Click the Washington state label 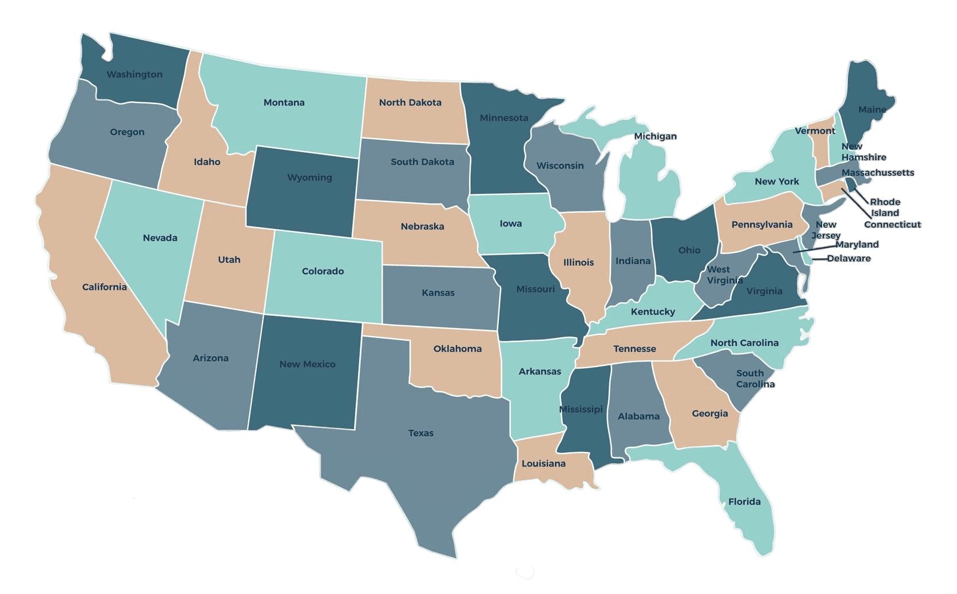tap(134, 74)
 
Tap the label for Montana tap(284, 102)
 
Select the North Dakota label tap(410, 102)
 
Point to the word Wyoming tap(309, 177)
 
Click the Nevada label tap(160, 237)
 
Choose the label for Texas tap(420, 433)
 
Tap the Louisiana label tap(543, 463)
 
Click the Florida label tap(744, 501)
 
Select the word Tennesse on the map tap(634, 348)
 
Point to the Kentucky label tap(653, 312)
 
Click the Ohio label tap(689, 250)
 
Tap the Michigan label tap(655, 136)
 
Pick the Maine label tap(872, 109)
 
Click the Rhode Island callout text tap(885, 207)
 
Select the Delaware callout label tap(849, 258)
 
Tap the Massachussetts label tap(877, 172)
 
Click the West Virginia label tap(724, 274)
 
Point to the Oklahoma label tap(457, 348)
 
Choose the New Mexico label tap(307, 364)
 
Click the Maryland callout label tap(857, 244)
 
